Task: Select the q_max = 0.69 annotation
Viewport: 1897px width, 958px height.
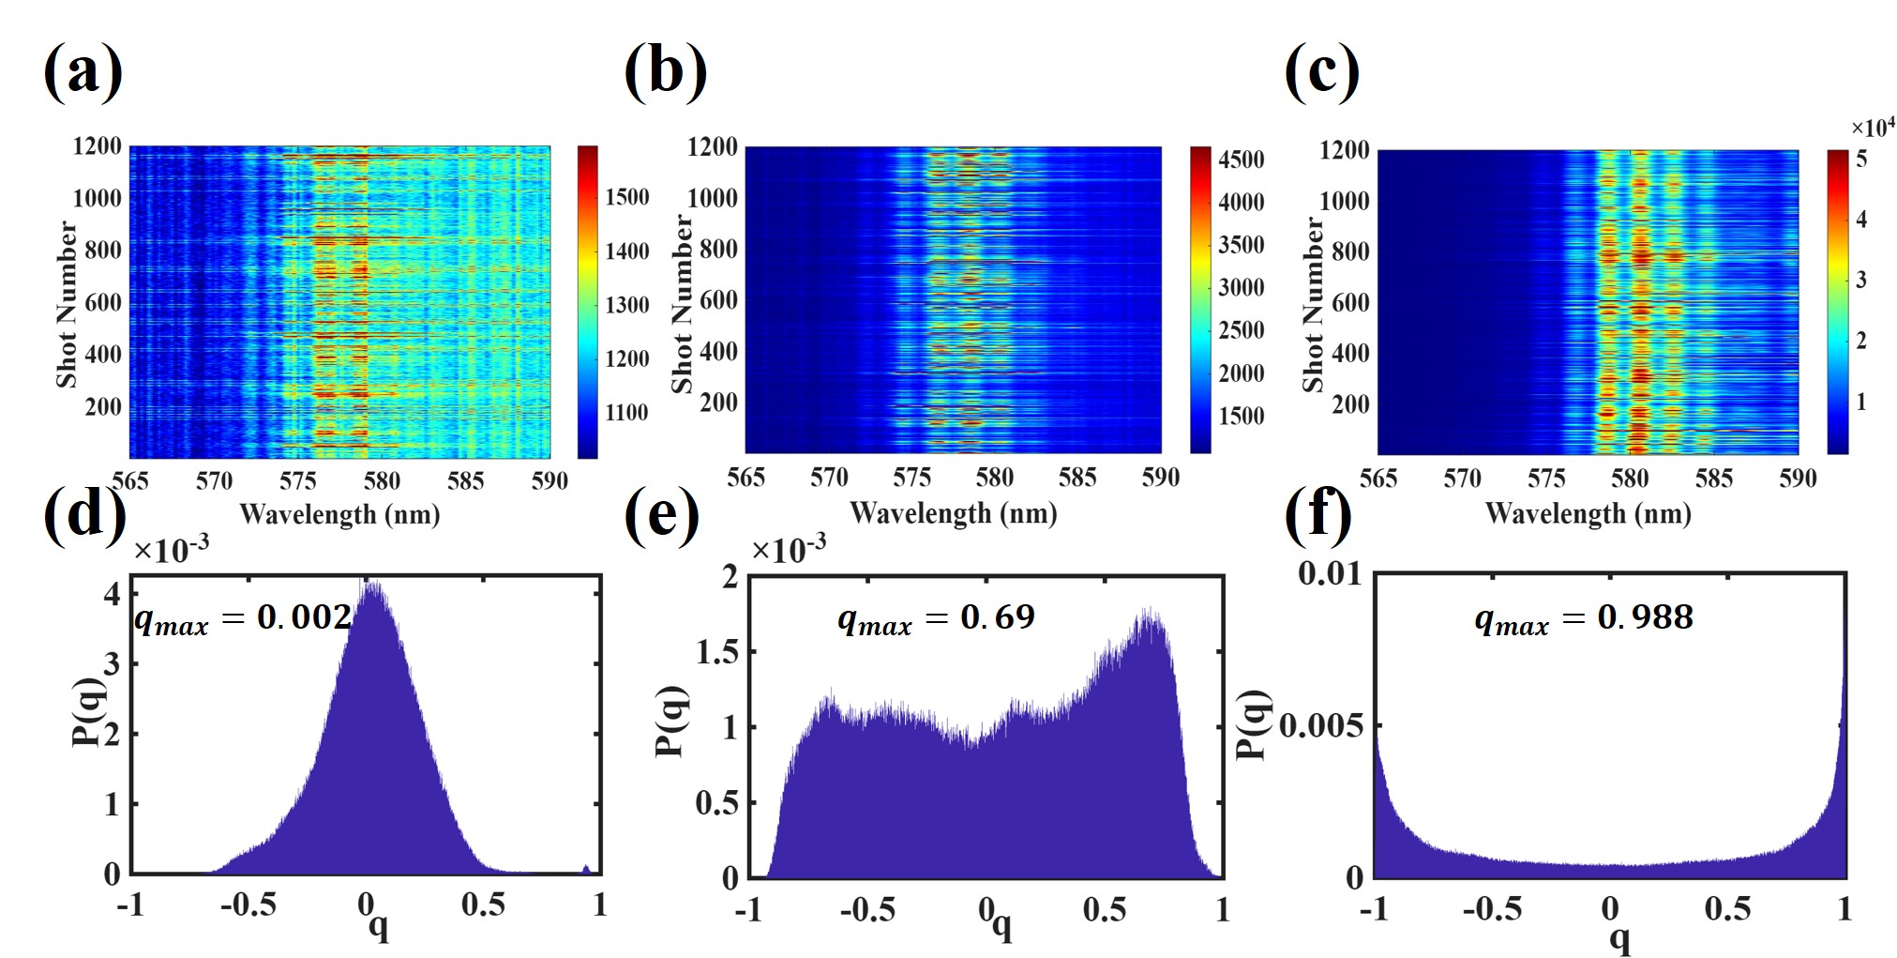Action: (x=936, y=618)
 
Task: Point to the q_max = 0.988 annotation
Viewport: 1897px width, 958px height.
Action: (x=1584, y=618)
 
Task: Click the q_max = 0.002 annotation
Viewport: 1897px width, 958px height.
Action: (x=243, y=618)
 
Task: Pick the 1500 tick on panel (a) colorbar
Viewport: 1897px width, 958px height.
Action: (x=627, y=197)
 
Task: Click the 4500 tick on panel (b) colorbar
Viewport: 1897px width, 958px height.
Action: (x=1242, y=160)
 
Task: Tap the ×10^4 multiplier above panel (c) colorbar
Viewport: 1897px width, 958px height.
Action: (x=1872, y=128)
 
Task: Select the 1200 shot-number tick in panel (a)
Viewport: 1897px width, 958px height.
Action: (x=98, y=146)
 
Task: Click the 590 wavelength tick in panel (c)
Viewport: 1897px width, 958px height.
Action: (x=1797, y=479)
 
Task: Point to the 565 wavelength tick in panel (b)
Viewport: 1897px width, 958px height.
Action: (x=745, y=478)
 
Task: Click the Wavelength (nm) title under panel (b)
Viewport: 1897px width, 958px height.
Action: (x=953, y=513)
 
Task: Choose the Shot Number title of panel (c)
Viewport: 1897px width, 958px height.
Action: (x=1313, y=304)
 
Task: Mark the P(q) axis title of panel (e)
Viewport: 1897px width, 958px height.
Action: (x=672, y=722)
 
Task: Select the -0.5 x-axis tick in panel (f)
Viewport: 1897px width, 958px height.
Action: (x=1493, y=908)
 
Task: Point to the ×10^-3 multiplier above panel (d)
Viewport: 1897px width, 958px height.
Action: (x=171, y=550)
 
